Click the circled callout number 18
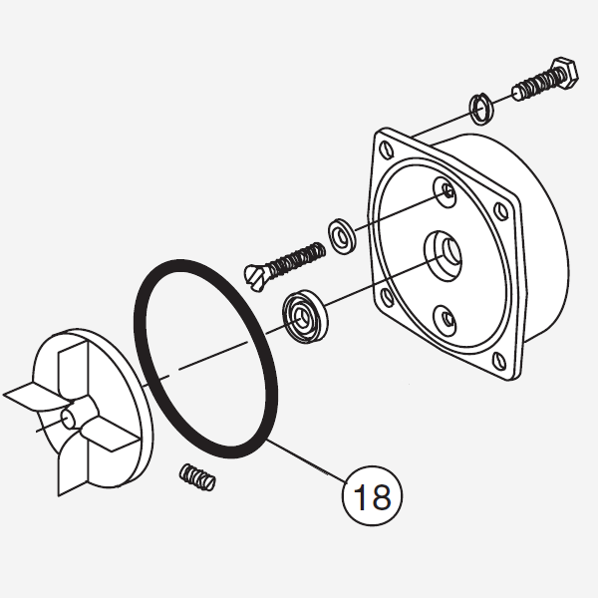pyautogui.click(x=372, y=495)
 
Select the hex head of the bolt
pyautogui.click(x=565, y=74)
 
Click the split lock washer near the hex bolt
pyautogui.click(x=481, y=109)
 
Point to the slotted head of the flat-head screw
pyautogui.click(x=255, y=278)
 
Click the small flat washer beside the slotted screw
pyautogui.click(x=342, y=236)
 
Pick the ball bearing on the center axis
pyautogui.click(x=305, y=316)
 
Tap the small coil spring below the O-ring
pyautogui.click(x=197, y=477)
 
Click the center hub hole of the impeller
pyautogui.click(x=68, y=419)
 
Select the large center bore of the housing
pyautogui.click(x=444, y=256)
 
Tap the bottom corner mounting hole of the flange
pyautogui.click(x=499, y=361)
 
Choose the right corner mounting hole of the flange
pyautogui.click(x=500, y=210)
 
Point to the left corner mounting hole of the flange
pyautogui.click(x=387, y=297)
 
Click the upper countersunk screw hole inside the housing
pyautogui.click(x=446, y=191)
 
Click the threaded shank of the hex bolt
pyautogui.click(x=534, y=85)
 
